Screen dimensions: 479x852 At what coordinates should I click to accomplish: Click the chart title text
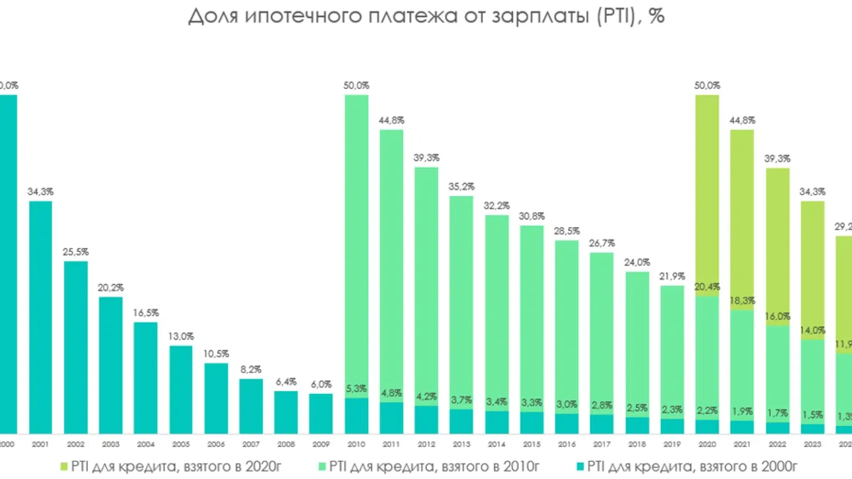click(426, 16)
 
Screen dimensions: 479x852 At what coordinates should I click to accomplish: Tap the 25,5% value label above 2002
click(76, 252)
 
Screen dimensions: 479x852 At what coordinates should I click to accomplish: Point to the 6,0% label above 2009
click(321, 385)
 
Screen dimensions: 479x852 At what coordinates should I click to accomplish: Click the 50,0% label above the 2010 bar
click(356, 86)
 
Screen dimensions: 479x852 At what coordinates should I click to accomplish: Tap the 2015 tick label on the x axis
click(531, 445)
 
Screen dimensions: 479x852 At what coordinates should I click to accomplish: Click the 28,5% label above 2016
click(566, 231)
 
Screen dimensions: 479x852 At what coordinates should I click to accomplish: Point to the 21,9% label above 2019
click(672, 277)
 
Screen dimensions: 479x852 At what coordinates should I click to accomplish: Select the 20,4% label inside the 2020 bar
click(707, 287)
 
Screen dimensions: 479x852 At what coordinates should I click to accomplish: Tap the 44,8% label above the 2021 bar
click(742, 121)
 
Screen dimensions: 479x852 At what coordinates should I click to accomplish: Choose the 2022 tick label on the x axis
click(777, 445)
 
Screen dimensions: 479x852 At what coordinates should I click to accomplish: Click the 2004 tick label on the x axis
click(146, 445)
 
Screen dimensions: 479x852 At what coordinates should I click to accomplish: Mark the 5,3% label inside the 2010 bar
click(356, 389)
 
